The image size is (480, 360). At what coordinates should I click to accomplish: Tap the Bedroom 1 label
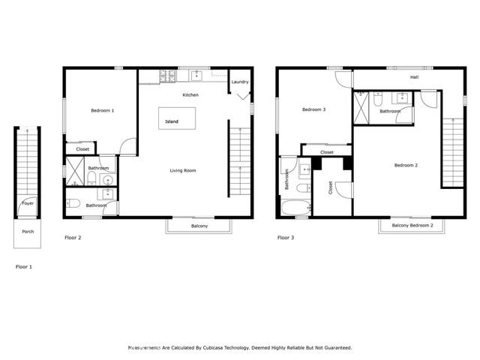(x=103, y=111)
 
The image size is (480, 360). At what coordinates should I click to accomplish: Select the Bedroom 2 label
(x=406, y=165)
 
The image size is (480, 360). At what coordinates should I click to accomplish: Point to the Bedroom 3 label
(x=313, y=109)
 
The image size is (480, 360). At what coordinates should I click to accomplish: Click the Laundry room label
(x=240, y=82)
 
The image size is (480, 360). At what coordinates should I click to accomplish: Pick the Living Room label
(x=183, y=171)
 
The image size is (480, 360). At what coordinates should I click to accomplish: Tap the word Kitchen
(x=191, y=95)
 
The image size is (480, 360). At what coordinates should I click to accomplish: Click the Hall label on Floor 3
(x=414, y=77)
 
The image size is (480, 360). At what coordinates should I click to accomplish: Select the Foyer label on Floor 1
(x=28, y=203)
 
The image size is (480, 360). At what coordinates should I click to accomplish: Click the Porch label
(x=28, y=232)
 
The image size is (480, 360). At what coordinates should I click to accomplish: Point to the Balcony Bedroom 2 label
(x=412, y=225)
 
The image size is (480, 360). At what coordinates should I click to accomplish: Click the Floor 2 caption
(x=73, y=238)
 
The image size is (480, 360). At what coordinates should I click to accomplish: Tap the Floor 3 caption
(x=286, y=238)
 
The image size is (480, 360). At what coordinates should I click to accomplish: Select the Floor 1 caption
(x=24, y=266)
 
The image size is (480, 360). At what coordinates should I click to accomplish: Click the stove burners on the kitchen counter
(x=166, y=74)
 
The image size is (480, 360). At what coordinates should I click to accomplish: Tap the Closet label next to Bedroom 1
(x=82, y=149)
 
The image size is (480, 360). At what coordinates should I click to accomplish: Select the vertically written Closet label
(x=331, y=188)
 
